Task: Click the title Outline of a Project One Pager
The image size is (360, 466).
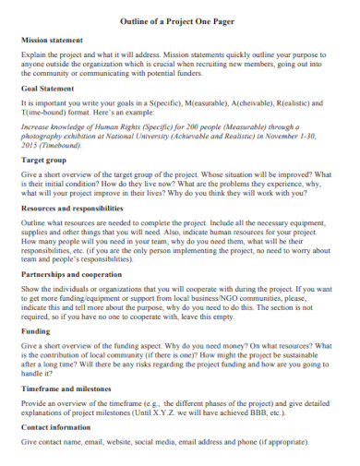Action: [180, 21]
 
